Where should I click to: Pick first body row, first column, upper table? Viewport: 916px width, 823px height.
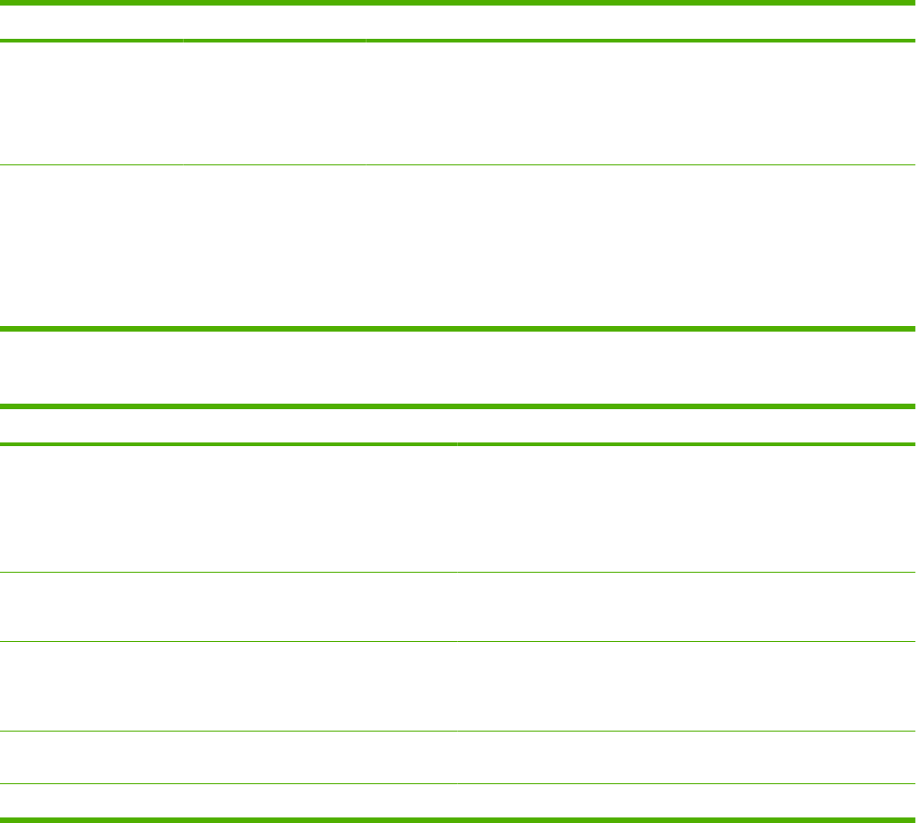pos(91,103)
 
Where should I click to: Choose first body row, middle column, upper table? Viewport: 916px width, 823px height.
pos(274,103)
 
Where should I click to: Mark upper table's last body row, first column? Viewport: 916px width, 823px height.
pos(91,245)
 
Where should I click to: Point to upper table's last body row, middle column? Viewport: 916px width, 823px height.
pos(274,245)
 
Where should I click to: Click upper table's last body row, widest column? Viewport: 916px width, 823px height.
pos(640,245)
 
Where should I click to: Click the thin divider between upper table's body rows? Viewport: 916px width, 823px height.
pos(458,165)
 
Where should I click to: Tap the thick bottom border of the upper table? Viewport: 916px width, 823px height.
pos(458,327)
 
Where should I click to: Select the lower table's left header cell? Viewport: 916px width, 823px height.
pos(228,426)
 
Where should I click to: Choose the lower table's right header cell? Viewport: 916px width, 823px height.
pos(686,426)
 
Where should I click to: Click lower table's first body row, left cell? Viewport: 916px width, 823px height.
pos(228,509)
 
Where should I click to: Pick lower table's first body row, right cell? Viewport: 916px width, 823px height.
pos(686,509)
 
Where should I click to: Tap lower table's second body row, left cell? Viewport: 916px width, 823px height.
pos(228,607)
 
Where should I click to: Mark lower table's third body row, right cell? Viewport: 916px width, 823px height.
pos(686,686)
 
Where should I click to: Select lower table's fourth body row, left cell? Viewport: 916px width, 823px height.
pos(228,757)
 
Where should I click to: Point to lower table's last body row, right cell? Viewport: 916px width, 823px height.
pos(686,800)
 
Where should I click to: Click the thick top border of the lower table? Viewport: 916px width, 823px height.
pos(458,406)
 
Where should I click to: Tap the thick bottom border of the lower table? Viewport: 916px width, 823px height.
pos(458,818)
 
